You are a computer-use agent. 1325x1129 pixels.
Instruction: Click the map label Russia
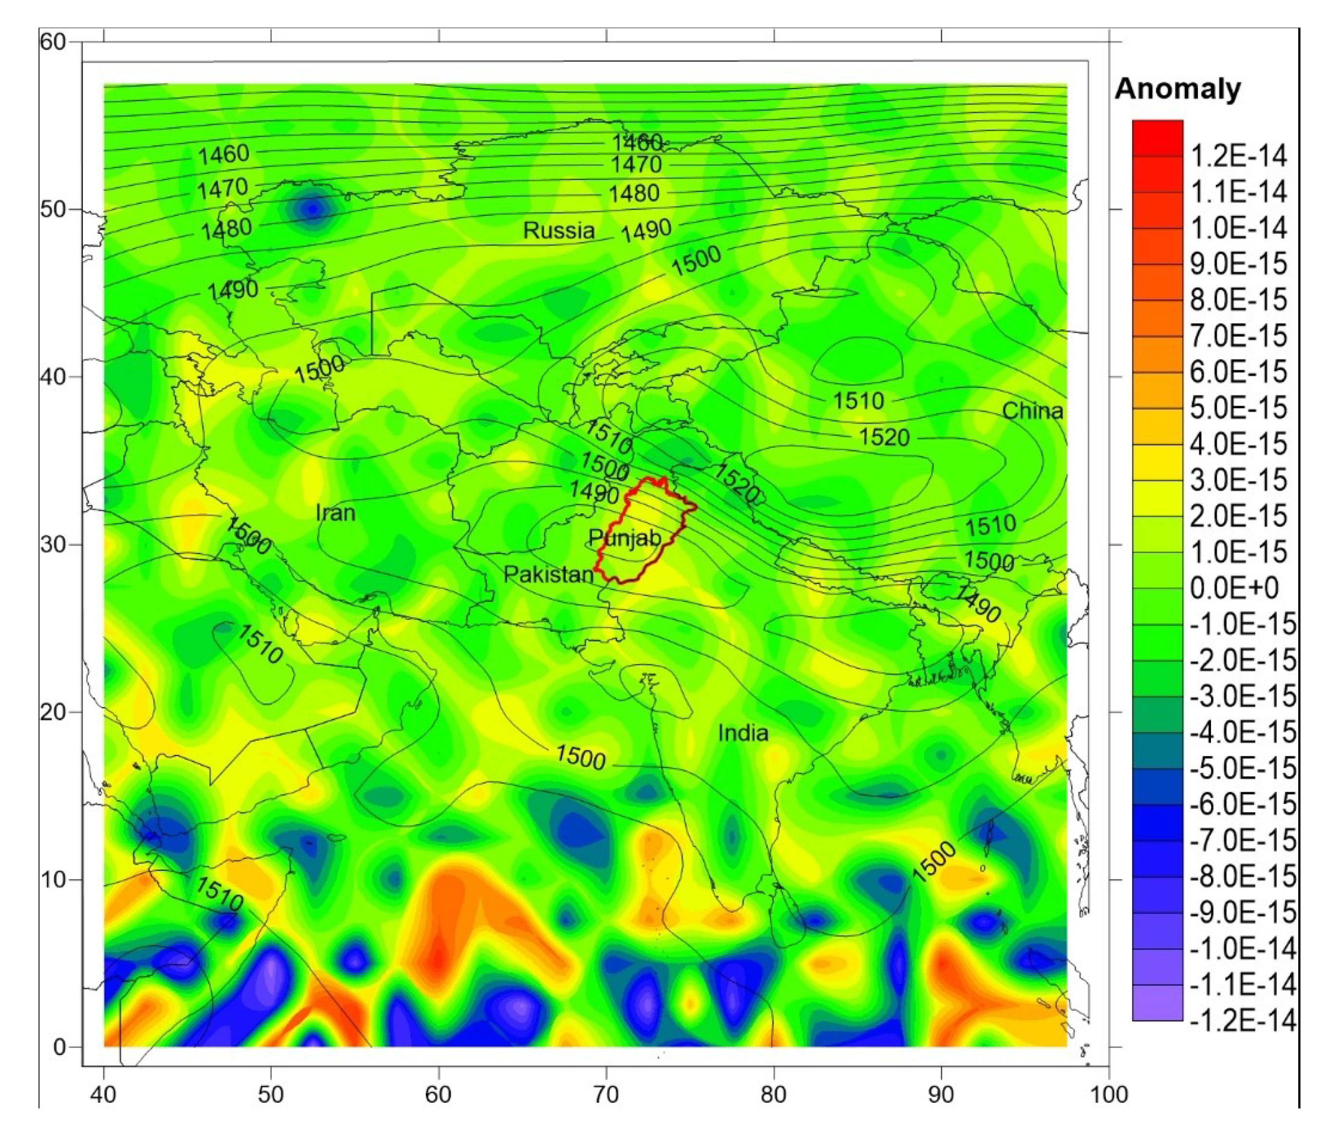(x=559, y=230)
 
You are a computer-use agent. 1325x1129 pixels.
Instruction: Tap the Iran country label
(x=336, y=513)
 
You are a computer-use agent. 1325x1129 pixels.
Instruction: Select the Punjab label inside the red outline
(x=625, y=538)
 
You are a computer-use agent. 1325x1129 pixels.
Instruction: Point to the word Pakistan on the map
(x=549, y=574)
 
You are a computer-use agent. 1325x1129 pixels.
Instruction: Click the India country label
(x=743, y=733)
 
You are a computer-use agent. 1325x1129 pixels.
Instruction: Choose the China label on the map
(x=1032, y=411)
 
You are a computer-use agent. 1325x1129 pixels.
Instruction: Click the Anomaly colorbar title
(x=1177, y=89)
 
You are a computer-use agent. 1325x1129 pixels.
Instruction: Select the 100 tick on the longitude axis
(x=1108, y=1094)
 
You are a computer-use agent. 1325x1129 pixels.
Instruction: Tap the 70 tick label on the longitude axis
(x=606, y=1094)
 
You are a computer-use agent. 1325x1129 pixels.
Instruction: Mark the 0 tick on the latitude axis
(x=59, y=1047)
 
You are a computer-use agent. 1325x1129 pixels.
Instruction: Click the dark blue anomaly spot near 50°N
(x=313, y=208)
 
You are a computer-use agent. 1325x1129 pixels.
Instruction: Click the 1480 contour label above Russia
(x=634, y=193)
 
